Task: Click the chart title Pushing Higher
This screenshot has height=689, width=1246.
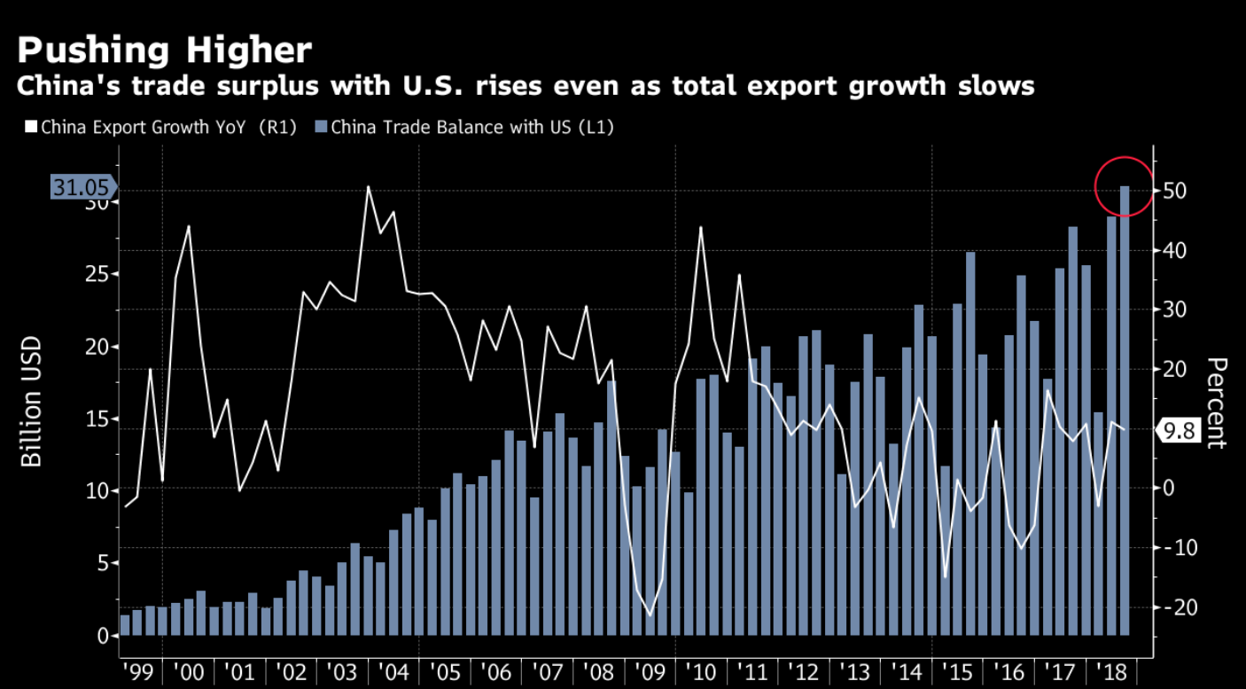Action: tap(165, 50)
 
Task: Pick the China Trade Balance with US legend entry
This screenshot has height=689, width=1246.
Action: tap(471, 127)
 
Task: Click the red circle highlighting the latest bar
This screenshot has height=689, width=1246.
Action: tap(1125, 185)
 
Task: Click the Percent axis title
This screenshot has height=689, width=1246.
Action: tap(1217, 403)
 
